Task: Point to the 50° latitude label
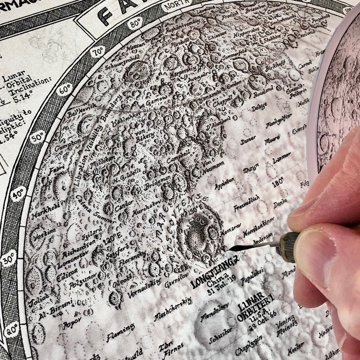(37, 138)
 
